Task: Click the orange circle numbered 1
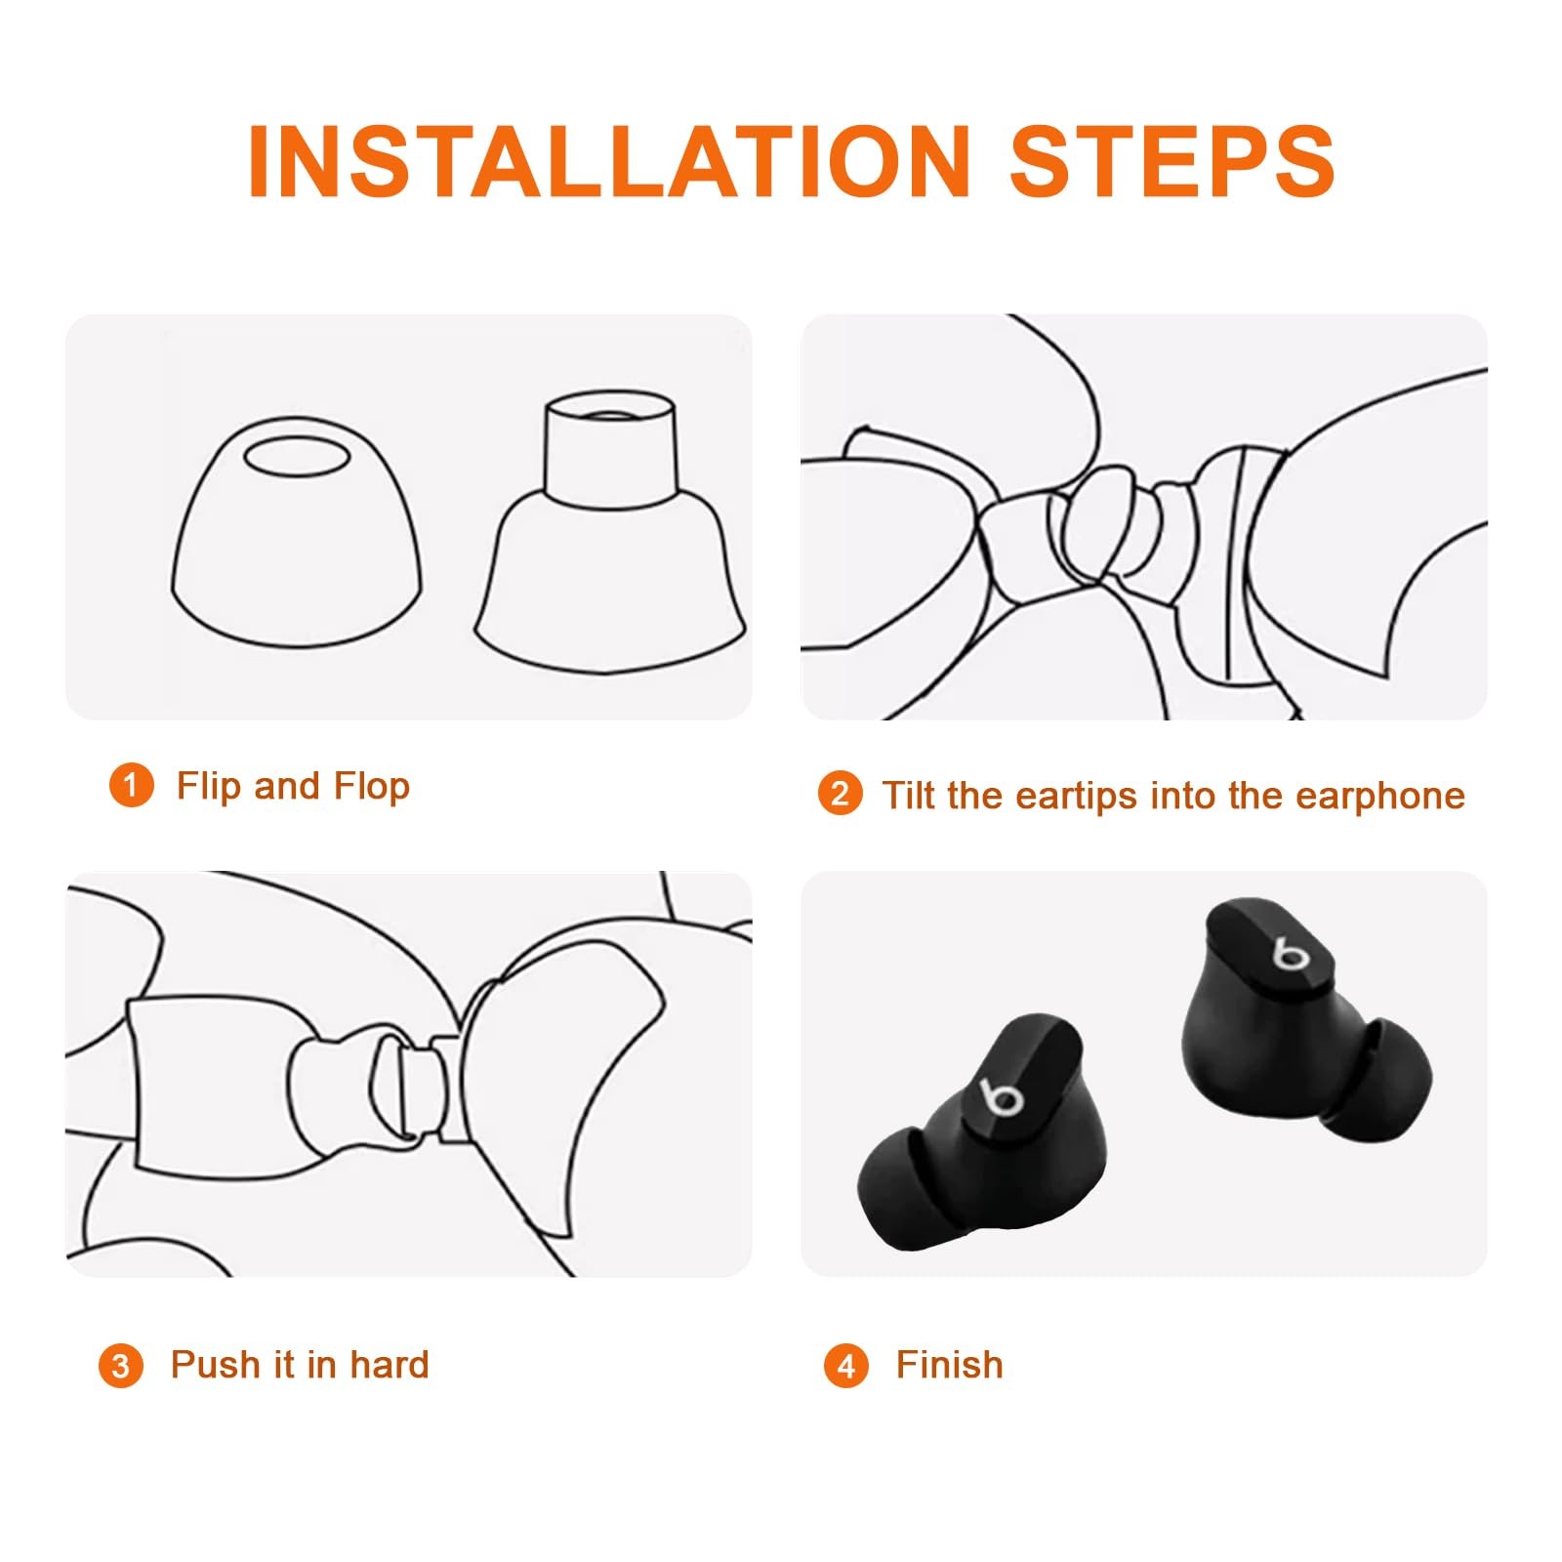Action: point(131,786)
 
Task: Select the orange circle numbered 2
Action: point(841,794)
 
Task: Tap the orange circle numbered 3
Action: point(120,1365)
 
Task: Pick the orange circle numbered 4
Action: point(845,1365)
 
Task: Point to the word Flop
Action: point(372,787)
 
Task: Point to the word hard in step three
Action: point(390,1365)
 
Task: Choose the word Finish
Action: point(950,1365)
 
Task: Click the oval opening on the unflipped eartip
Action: point(296,456)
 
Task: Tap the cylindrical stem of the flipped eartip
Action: point(609,449)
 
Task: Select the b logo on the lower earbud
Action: point(1001,1097)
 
